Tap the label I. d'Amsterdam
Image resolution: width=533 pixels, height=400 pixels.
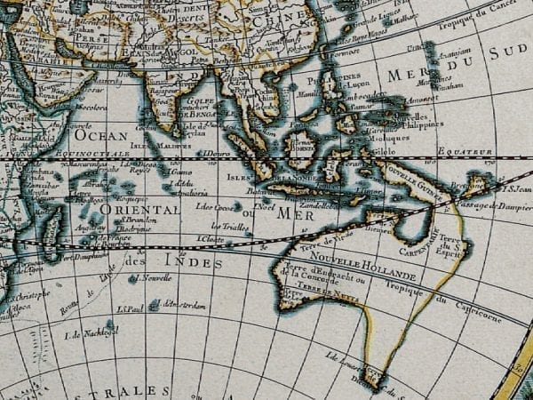pos(180,305)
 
